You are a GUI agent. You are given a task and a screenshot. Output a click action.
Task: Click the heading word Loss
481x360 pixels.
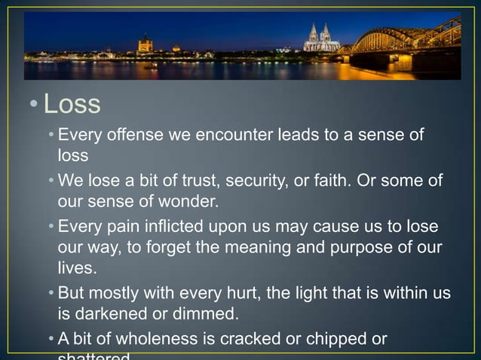pos(72,104)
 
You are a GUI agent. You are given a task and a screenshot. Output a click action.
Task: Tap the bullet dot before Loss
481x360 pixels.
pos(34,105)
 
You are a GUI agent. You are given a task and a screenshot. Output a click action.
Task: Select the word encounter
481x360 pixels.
pos(230,136)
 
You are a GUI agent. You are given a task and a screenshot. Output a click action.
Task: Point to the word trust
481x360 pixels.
pos(182,182)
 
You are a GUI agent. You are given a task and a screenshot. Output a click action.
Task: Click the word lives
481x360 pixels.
pos(77,267)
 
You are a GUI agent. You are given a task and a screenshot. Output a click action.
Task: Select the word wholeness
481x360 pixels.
pos(142,338)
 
